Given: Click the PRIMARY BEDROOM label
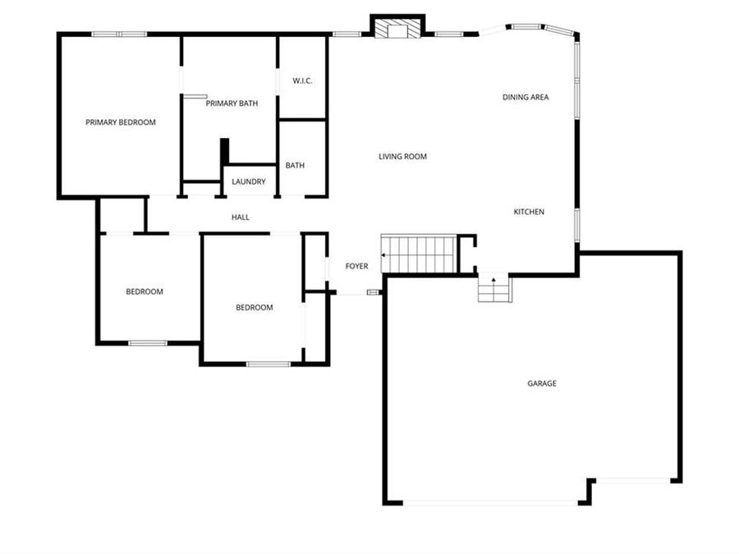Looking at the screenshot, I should tap(121, 122).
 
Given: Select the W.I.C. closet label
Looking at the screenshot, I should tap(302, 80).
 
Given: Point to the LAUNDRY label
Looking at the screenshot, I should tap(248, 181).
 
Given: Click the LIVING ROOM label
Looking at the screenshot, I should tap(402, 156).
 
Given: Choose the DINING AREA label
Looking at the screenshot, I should tap(526, 97).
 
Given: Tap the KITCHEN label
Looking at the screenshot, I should tap(529, 212).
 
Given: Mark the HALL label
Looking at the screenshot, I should tap(240, 217).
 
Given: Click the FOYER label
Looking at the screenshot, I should tap(356, 266).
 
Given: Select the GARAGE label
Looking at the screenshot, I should tap(542, 383).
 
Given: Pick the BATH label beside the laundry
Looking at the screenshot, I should tap(295, 165).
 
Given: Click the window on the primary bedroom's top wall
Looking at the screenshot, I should tap(119, 34).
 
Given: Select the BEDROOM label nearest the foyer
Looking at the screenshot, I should tap(254, 308).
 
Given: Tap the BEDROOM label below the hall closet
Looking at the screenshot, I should tap(145, 291).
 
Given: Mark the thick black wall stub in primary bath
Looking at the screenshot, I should tap(223, 152).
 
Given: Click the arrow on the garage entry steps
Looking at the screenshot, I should tap(493, 281).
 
